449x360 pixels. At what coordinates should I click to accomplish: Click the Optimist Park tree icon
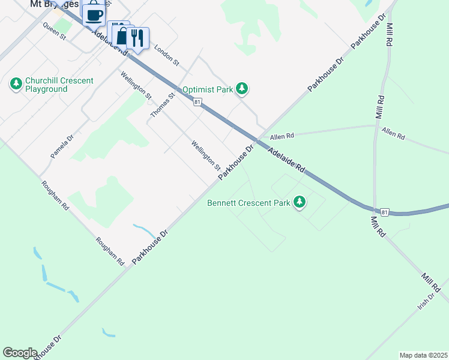(x=242, y=89)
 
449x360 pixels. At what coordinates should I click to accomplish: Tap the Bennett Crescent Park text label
(x=249, y=203)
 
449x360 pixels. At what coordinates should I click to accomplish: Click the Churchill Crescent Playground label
(x=59, y=85)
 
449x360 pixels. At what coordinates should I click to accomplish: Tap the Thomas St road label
(x=163, y=105)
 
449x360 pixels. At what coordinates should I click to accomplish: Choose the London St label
(x=167, y=55)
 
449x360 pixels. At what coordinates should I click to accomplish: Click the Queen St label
(x=54, y=31)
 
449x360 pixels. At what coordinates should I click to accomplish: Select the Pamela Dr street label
(x=62, y=146)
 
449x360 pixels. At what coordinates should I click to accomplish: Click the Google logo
(x=20, y=353)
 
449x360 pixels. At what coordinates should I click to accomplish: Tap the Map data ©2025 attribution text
(x=423, y=355)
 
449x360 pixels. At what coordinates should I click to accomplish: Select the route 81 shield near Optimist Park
(x=197, y=102)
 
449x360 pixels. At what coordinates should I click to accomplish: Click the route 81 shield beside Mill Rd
(x=385, y=212)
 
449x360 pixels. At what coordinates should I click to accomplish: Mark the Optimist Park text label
(x=207, y=89)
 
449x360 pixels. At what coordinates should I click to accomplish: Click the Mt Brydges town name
(x=54, y=4)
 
